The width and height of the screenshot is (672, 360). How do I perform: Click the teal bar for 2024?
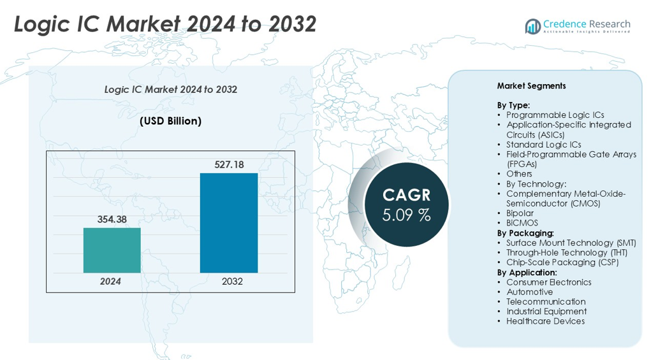(112, 250)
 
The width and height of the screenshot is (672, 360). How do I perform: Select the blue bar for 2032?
(229, 223)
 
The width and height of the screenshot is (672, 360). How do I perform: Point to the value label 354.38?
(112, 220)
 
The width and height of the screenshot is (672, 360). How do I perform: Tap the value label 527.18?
(229, 165)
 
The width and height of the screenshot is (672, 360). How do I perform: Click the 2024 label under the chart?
(110, 282)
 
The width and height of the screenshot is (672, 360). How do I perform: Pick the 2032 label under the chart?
(232, 282)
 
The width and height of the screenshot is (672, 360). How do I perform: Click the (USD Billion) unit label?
(170, 121)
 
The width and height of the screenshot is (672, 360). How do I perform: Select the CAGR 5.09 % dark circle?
(407, 205)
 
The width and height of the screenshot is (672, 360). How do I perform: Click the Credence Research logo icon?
(532, 25)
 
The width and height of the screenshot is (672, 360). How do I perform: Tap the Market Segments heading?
(531, 86)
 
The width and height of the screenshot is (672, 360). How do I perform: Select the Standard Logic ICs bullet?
(543, 145)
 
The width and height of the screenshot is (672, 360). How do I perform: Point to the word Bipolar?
(521, 213)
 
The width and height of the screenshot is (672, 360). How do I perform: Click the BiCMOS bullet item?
(522, 223)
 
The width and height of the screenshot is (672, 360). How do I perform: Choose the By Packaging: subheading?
(525, 233)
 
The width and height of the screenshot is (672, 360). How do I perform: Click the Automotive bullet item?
(529, 292)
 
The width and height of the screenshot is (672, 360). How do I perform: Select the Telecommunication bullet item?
(546, 301)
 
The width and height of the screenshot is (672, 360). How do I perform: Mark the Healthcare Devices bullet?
(545, 321)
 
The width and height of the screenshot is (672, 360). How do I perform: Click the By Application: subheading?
(527, 272)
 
